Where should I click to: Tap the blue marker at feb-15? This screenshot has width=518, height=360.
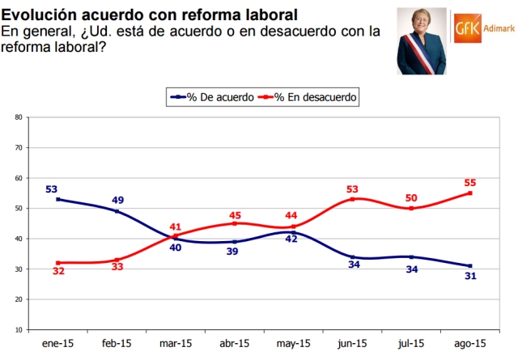117,211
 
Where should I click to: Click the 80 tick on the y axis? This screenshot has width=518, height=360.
18,117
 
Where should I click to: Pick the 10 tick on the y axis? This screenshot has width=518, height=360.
18,330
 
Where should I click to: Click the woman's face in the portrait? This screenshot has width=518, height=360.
421,27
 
